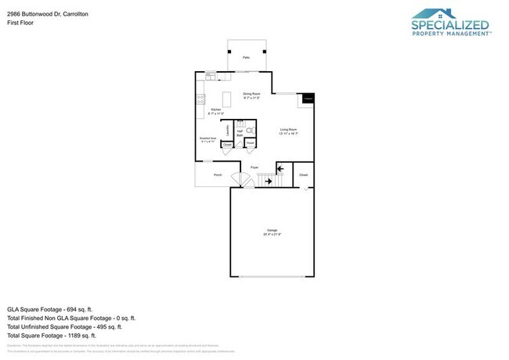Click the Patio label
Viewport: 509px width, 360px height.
coord(246,58)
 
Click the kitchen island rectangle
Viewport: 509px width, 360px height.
coord(228,99)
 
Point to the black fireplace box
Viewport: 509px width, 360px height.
coord(309,99)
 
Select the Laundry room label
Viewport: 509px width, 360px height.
coord(228,129)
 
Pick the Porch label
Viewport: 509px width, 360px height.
coord(218,175)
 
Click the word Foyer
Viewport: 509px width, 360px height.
coord(254,168)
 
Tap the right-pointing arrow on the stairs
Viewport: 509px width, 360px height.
coord(269,181)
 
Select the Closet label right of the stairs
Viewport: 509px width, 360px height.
coord(303,175)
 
